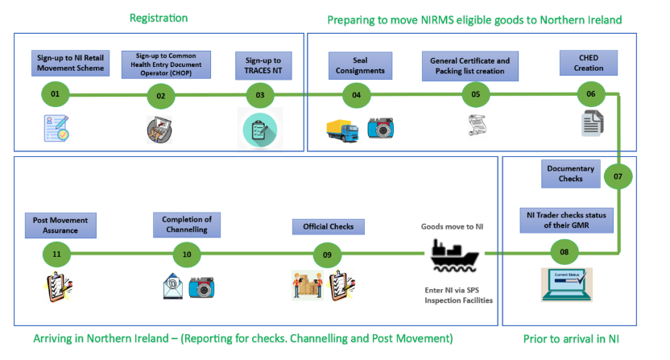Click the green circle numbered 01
[x=55, y=95]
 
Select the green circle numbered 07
[x=618, y=175]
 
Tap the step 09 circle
[x=327, y=254]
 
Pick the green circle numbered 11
[x=56, y=254]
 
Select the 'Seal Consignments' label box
[x=359, y=64]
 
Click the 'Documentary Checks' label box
[x=570, y=173]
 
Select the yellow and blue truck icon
[x=342, y=129]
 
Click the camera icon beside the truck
[x=380, y=128]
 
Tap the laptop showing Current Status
[x=566, y=284]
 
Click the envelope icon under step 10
[x=172, y=286]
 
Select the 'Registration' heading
[x=159, y=18]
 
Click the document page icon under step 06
[x=592, y=123]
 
